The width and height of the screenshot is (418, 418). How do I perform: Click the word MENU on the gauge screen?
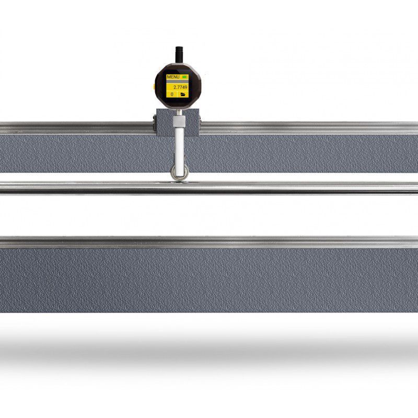[x=173, y=77]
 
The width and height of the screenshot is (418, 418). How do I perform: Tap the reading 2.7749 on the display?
[x=180, y=87]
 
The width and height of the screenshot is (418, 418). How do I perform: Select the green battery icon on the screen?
[x=184, y=76]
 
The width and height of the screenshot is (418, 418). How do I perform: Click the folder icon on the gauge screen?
[x=183, y=95]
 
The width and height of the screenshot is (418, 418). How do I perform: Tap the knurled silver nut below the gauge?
[x=179, y=122]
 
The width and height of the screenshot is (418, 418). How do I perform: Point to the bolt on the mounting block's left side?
[x=155, y=123]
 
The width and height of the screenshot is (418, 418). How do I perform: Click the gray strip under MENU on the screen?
[x=177, y=82]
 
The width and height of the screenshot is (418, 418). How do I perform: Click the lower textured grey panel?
[x=209, y=280]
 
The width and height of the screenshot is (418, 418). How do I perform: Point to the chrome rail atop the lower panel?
[x=209, y=242]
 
